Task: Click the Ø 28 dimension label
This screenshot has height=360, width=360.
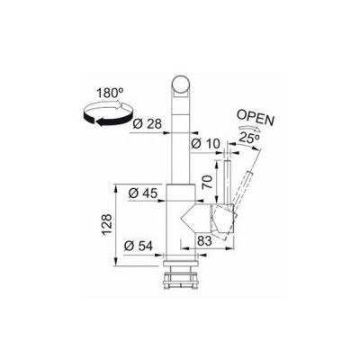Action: [x=147, y=124]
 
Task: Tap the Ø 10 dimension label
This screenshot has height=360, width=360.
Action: [x=205, y=144]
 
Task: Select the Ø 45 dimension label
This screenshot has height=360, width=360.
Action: [x=142, y=193]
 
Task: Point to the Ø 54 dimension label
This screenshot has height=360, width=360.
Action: [x=139, y=247]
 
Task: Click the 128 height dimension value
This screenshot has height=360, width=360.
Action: [x=107, y=225]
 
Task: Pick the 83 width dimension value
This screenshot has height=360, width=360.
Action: [x=204, y=240]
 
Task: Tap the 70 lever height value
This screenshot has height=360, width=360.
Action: [x=208, y=181]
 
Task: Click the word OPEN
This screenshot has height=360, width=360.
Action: [x=256, y=118]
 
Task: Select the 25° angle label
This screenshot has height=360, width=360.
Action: [x=250, y=138]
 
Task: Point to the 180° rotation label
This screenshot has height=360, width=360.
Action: [x=108, y=94]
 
